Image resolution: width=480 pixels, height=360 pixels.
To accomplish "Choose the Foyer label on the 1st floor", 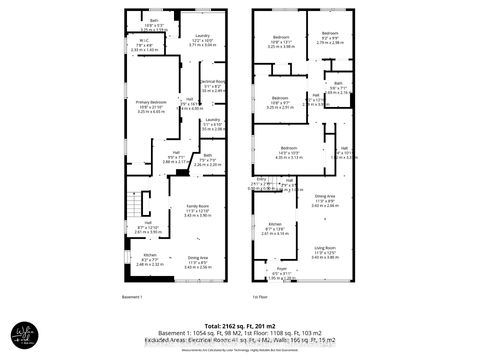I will (x=281, y=270).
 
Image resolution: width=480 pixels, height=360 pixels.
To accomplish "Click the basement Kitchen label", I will (x=150, y=255).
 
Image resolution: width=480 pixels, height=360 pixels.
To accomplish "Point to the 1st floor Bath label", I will (x=338, y=83).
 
